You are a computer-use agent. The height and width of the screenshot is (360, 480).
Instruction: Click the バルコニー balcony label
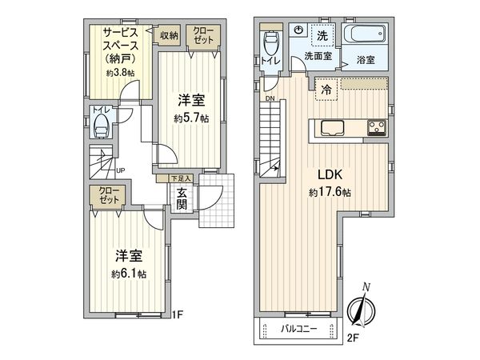(298, 329)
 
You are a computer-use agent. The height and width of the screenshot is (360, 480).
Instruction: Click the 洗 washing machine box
(322, 35)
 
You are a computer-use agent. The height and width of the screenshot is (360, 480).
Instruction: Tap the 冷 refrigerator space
(327, 90)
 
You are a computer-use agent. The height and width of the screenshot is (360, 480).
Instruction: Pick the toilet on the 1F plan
(100, 124)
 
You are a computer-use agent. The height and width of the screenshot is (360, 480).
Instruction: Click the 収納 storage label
(168, 34)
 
